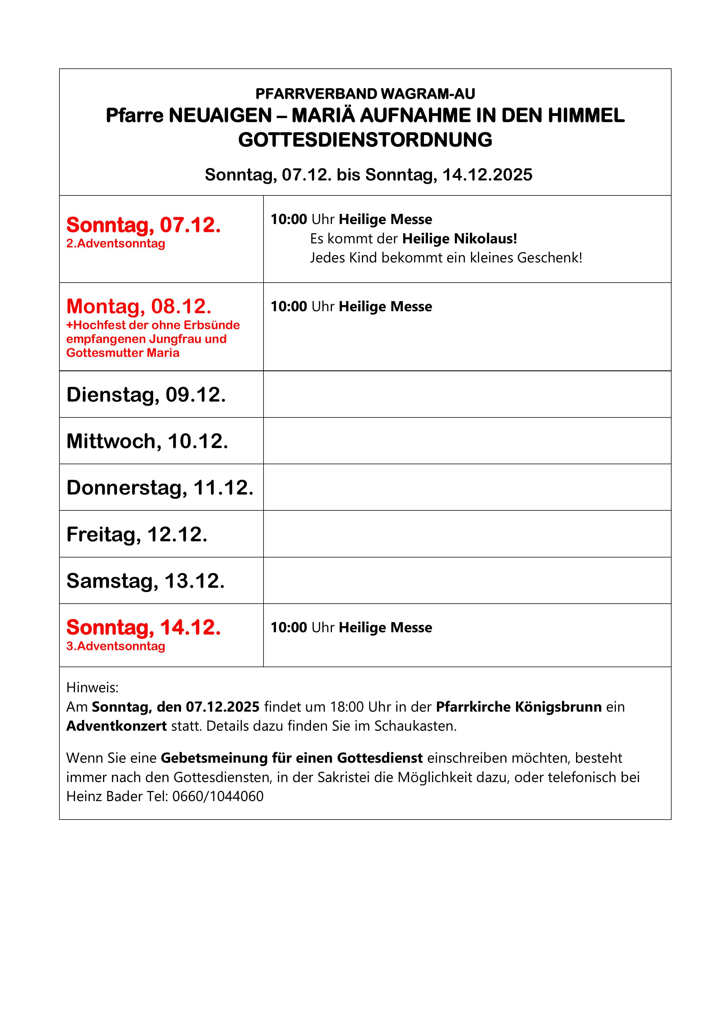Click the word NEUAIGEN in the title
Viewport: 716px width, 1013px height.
point(220,115)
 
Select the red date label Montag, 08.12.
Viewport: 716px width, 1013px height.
point(139,306)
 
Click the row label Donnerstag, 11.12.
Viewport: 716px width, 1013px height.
point(160,488)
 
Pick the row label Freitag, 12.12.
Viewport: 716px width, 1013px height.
point(137,534)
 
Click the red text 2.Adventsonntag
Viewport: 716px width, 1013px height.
point(116,244)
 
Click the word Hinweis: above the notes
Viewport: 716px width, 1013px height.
point(92,687)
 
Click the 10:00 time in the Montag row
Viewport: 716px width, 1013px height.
point(289,307)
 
